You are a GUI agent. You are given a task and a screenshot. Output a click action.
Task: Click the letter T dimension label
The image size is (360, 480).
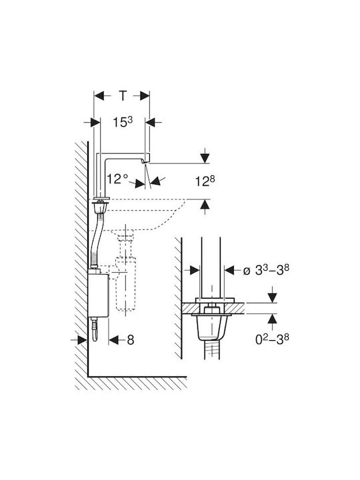click(x=123, y=96)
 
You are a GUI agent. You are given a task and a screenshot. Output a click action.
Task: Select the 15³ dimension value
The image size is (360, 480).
click(x=123, y=122)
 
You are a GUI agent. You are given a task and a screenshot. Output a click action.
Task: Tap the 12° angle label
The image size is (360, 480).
click(x=117, y=179)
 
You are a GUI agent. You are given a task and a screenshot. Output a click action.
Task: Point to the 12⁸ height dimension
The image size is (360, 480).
click(x=205, y=181)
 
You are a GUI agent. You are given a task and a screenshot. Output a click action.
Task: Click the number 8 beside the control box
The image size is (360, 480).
click(x=131, y=340)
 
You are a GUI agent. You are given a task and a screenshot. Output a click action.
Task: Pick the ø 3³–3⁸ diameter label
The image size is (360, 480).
click(x=266, y=270)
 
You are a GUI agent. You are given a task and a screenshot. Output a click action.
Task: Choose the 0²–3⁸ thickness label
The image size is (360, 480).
click(x=272, y=339)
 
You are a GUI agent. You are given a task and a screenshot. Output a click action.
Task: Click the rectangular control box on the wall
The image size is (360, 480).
click(x=98, y=295)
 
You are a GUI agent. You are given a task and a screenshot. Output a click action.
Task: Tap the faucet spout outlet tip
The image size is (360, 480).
click(x=145, y=161)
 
